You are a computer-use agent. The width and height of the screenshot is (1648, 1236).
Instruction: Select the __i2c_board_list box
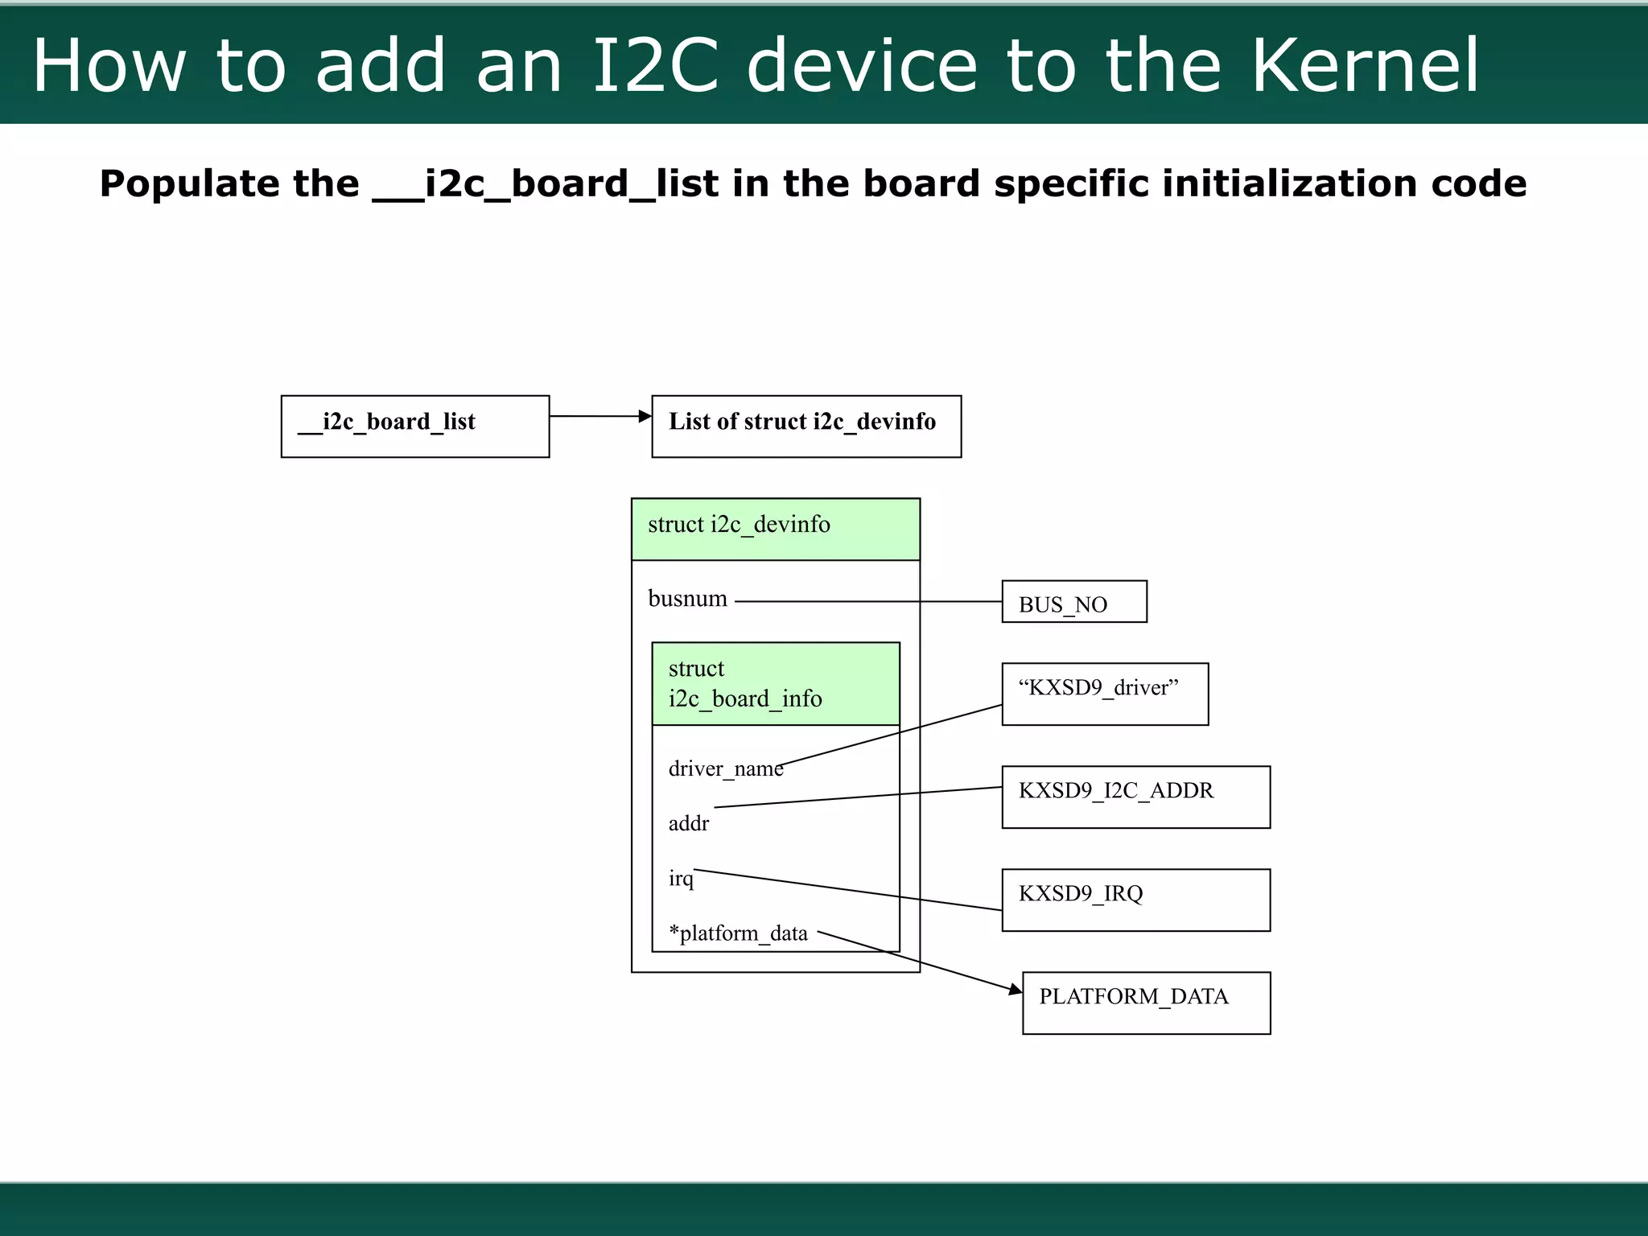pos(415,426)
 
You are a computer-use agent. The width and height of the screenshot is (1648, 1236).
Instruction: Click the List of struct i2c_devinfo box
pos(806,426)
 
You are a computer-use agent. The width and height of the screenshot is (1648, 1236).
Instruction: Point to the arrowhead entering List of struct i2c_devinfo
pos(645,416)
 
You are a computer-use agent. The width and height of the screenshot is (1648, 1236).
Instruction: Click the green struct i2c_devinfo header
pos(776,529)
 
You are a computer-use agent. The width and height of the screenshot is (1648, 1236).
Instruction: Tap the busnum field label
pos(687,599)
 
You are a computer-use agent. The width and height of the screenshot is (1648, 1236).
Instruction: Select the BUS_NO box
pos(1073,602)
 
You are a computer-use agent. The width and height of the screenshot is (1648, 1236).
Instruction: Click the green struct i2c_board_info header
pos(776,683)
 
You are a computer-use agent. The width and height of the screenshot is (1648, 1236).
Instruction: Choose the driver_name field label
pos(725,769)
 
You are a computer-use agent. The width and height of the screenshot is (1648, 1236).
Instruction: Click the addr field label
pos(689,823)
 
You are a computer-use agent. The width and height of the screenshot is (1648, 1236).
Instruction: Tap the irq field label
pos(681,878)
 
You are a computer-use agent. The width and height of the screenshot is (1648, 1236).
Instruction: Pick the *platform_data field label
pos(738,933)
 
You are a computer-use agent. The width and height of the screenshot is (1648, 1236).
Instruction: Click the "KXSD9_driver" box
pos(1104,694)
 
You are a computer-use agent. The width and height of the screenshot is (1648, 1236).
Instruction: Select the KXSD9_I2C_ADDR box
pos(1135,797)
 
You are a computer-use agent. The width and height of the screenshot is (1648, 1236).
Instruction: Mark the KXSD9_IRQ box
pos(1135,900)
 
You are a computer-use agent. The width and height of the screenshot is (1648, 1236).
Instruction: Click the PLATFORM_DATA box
pos(1146,1003)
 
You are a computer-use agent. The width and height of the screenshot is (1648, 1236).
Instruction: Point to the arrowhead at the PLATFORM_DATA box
pos(1016,990)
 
